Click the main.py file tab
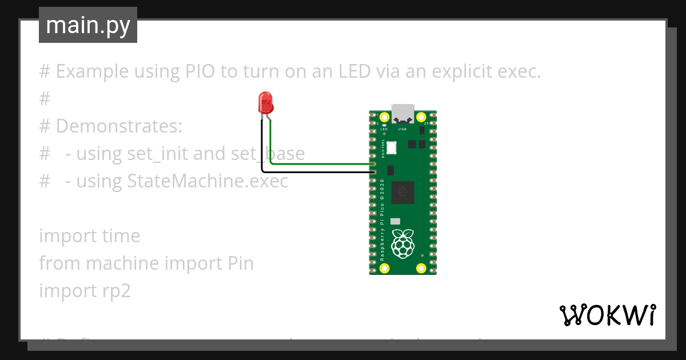pos(87,26)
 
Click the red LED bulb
pos(266,103)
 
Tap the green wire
pos(320,163)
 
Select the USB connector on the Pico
pos(403,114)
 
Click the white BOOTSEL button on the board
pos(392,147)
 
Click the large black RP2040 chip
pos(403,193)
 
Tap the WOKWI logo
pos(607,315)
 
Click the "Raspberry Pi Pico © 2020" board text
pos(382,220)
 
